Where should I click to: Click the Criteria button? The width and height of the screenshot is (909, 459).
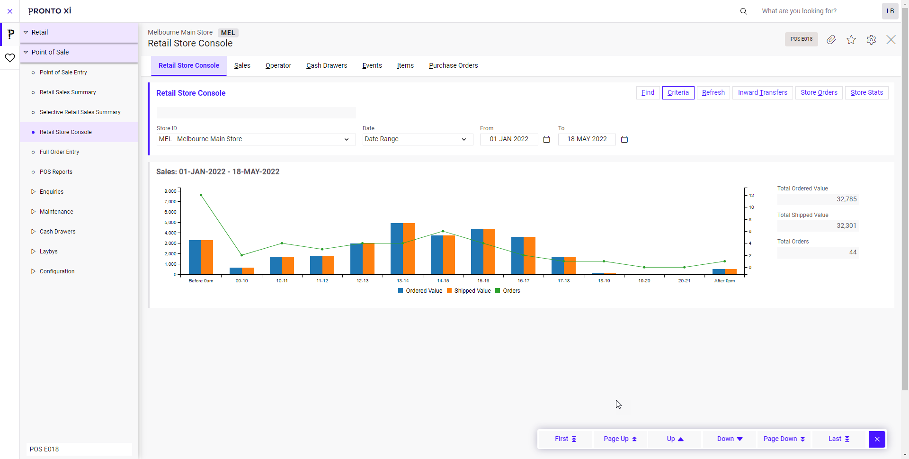[678, 93]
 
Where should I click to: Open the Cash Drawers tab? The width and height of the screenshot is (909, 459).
[327, 66]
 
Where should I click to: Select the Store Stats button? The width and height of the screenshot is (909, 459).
[866, 93]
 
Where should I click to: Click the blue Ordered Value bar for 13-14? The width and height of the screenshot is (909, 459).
[397, 249]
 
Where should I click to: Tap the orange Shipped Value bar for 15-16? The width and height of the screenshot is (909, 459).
[489, 252]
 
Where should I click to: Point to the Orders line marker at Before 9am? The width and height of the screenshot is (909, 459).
[201, 195]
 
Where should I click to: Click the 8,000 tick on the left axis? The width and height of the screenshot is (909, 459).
[170, 191]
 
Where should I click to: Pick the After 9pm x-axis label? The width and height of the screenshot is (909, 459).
[724, 281]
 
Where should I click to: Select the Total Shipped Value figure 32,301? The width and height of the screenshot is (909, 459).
[846, 226]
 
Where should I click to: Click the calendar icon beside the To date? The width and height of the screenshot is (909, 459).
[624, 139]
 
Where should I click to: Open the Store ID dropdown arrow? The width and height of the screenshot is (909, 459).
[347, 139]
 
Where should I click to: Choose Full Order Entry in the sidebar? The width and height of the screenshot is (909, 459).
[59, 152]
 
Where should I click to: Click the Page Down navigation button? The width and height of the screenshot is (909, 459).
[784, 439]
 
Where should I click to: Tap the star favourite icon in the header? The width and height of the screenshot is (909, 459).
[851, 40]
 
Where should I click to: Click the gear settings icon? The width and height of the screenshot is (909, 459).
[871, 40]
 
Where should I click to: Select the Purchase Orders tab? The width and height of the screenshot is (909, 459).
[453, 66]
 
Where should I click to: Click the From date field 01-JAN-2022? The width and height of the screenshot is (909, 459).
[509, 139]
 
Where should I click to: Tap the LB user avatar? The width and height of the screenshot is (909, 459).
[890, 11]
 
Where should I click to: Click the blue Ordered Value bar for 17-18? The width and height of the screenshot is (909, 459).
[558, 265]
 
